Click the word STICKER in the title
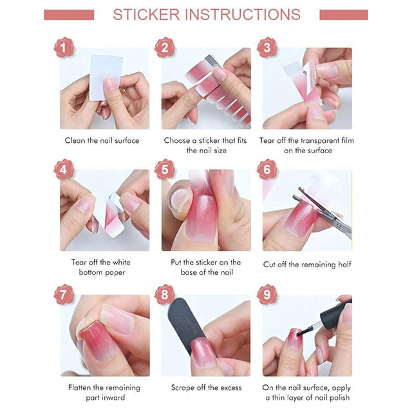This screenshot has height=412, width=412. (146, 14)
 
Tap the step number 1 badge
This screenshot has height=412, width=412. (63, 47)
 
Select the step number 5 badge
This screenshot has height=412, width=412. (165, 169)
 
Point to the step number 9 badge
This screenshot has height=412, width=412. (267, 294)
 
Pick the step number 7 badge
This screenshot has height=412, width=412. (63, 294)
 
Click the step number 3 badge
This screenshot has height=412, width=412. (267, 47)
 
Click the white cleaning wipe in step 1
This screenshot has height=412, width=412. (105, 78)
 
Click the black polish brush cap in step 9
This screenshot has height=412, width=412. (335, 314)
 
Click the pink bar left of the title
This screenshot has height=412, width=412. (69, 15)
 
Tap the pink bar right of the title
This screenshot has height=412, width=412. (344, 15)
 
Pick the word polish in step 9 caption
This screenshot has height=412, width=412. (339, 398)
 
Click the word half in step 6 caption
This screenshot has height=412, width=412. (344, 264)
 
